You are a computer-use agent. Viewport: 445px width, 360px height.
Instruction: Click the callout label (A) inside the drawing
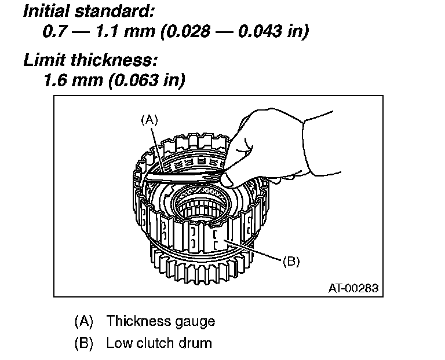(149, 120)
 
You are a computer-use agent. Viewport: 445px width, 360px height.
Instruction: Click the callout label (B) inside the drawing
(291, 262)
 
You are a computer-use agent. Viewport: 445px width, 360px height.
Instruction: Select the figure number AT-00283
(352, 287)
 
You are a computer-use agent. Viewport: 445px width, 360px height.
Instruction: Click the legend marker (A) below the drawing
(84, 321)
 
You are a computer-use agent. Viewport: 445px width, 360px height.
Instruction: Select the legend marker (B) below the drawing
(84, 343)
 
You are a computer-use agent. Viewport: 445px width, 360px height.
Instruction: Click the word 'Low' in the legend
(118, 343)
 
